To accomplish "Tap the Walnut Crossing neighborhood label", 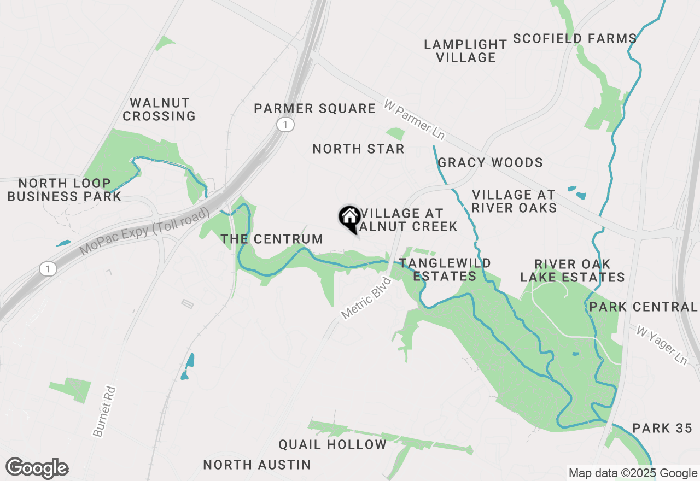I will pyautogui.click(x=159, y=109).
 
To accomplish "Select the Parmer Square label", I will pyautogui.click(x=314, y=108).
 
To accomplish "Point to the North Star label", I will pyautogui.click(x=358, y=149).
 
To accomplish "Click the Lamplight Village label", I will pyautogui.click(x=465, y=51).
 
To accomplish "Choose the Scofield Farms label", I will pyautogui.click(x=575, y=38).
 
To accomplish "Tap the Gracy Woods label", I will pyautogui.click(x=490, y=162).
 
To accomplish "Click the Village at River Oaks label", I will pyautogui.click(x=514, y=201).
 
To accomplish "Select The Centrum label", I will pyautogui.click(x=272, y=239).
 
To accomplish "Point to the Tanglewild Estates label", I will pyautogui.click(x=445, y=269).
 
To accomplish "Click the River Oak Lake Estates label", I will pyautogui.click(x=572, y=271).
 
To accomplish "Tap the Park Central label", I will pyautogui.click(x=643, y=307).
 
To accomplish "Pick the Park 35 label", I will pyautogui.click(x=662, y=428).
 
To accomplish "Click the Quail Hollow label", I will pyautogui.click(x=332, y=444).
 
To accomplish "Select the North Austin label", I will pyautogui.click(x=257, y=465).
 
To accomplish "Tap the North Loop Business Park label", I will pyautogui.click(x=64, y=190).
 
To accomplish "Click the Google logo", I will pyautogui.click(x=37, y=468).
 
